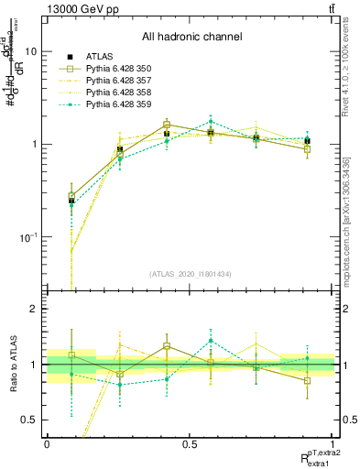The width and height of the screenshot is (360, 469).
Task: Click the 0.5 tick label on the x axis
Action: tap(190, 442)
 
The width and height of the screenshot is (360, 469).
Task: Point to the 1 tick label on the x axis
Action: tap(333, 442)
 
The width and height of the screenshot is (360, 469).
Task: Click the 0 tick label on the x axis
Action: tap(47, 442)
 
